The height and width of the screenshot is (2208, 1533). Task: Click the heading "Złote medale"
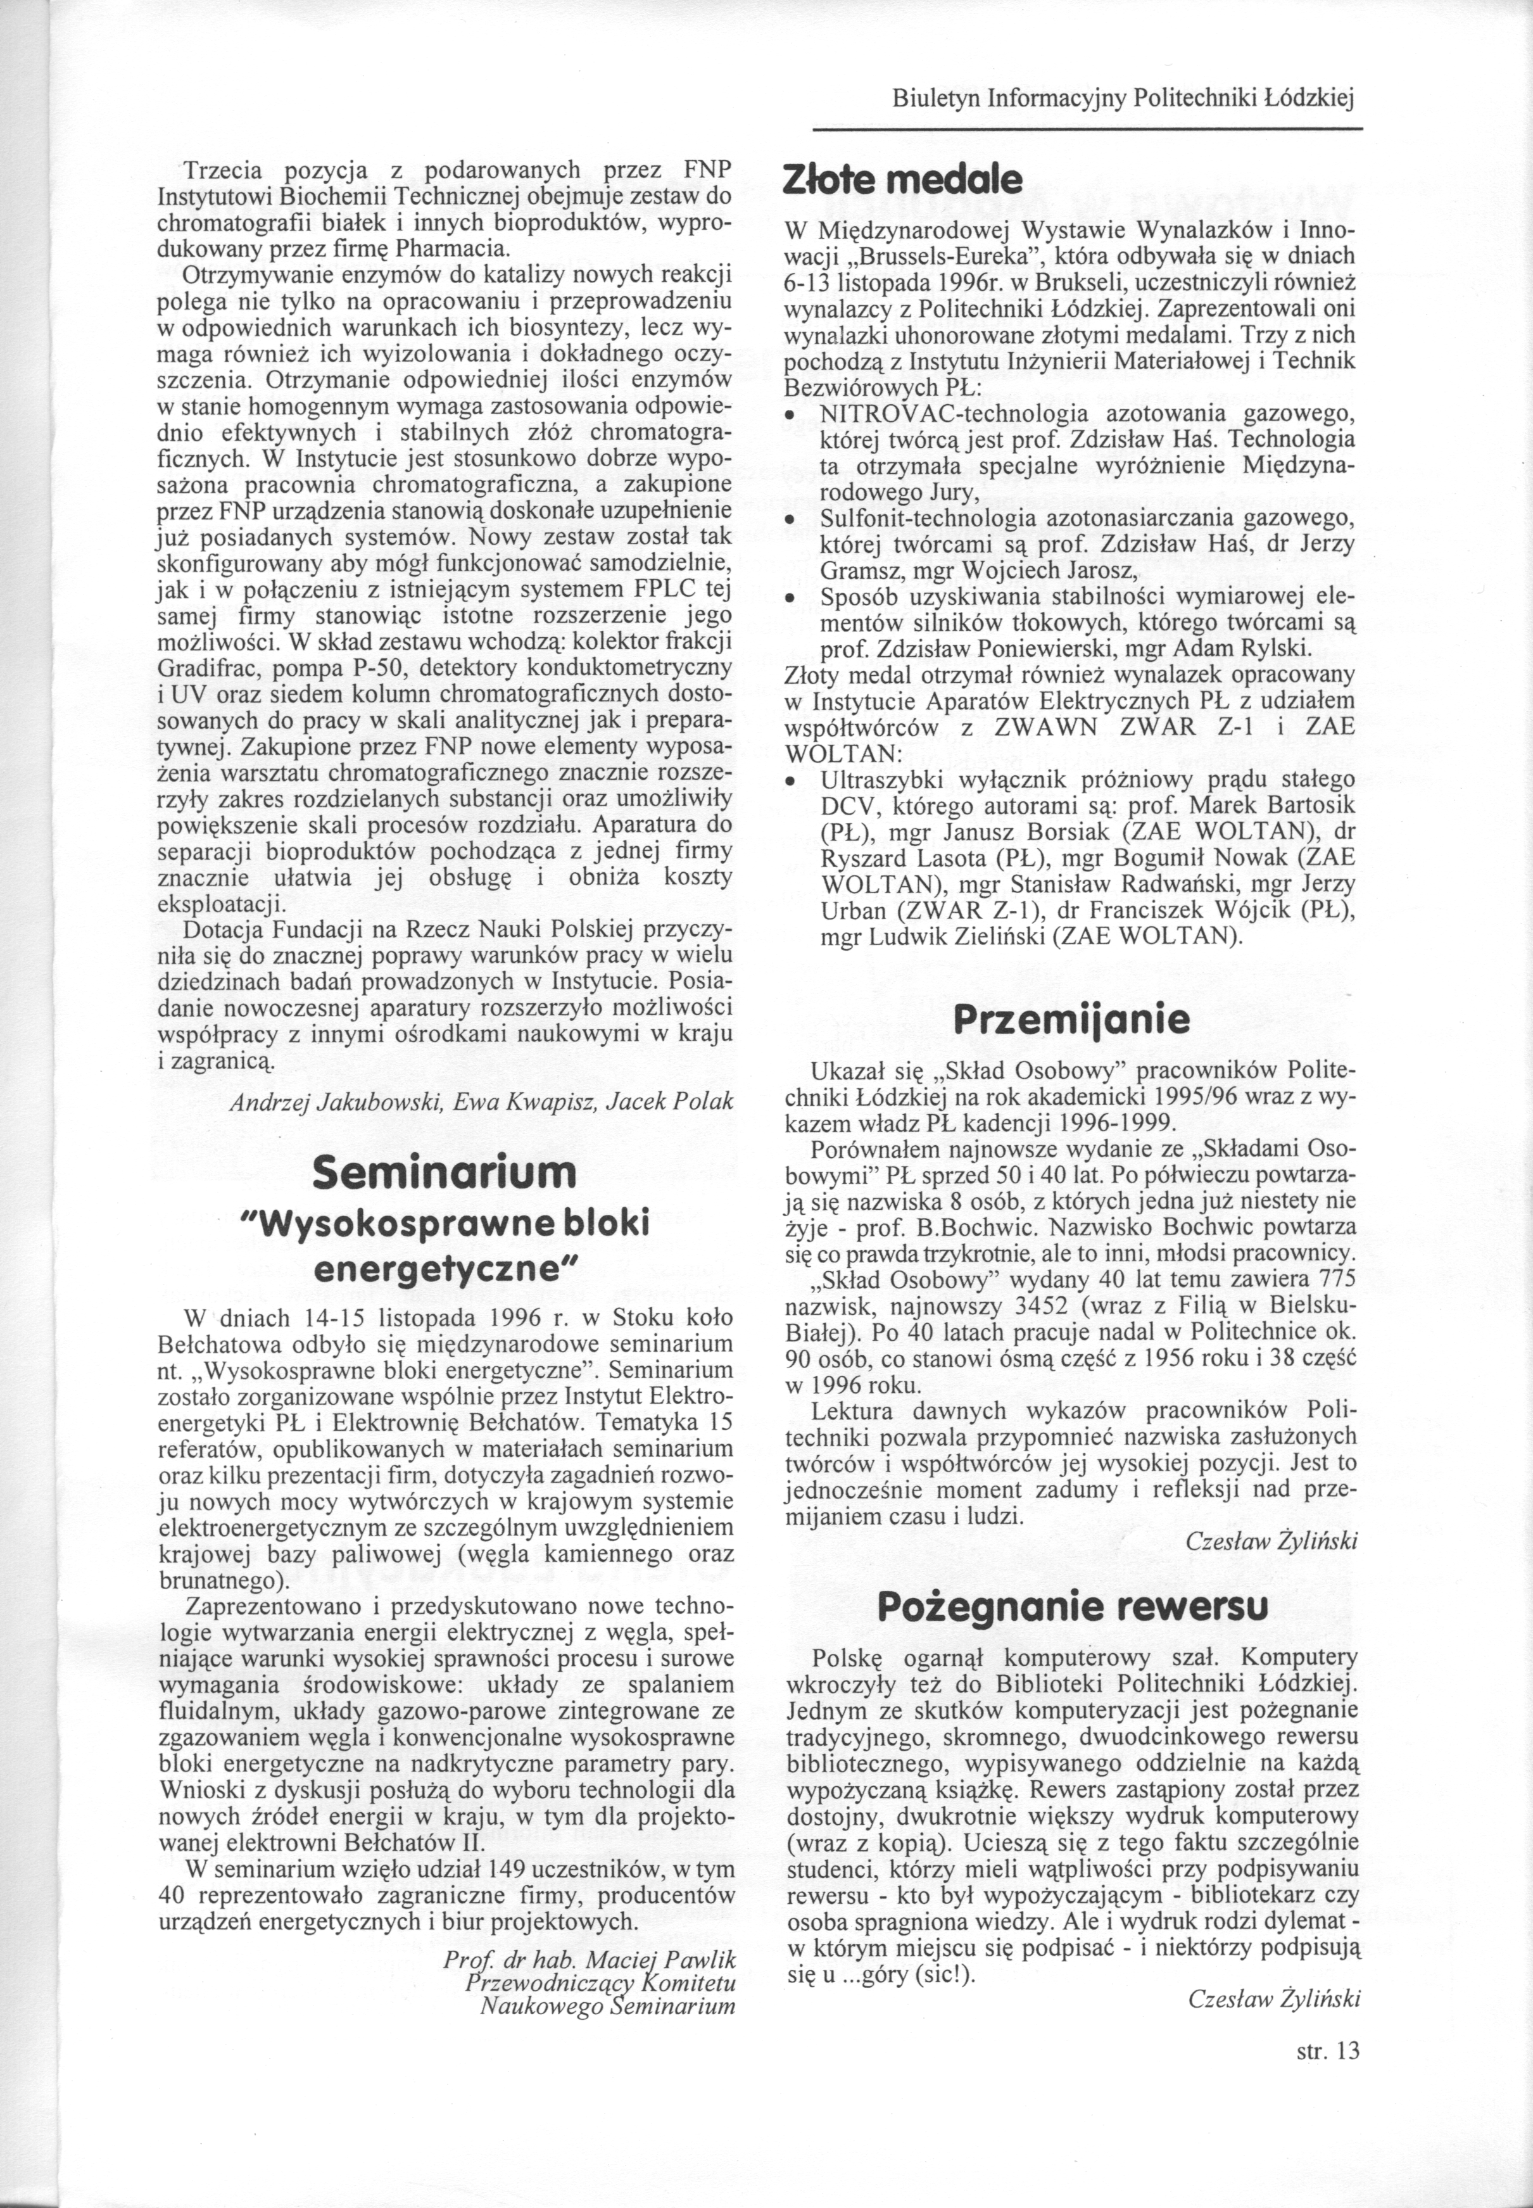click(x=903, y=180)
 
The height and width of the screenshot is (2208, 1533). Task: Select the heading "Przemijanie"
click(x=1070, y=1020)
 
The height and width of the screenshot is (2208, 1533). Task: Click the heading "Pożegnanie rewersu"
click(x=1072, y=1606)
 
